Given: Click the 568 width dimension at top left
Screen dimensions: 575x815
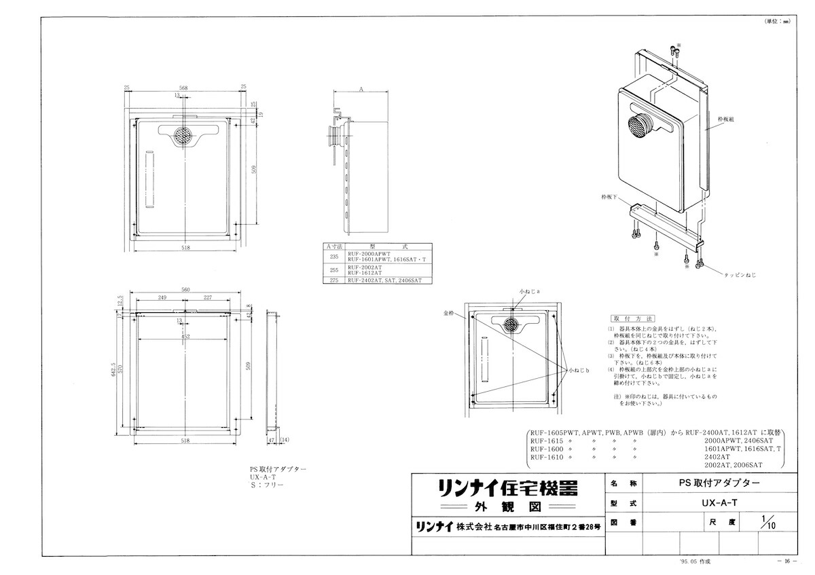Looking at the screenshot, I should click(x=184, y=88).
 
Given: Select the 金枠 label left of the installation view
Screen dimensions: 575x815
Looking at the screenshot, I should click(x=446, y=314).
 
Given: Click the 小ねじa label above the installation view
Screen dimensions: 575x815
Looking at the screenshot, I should click(x=529, y=290).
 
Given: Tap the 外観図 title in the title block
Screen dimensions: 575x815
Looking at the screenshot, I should click(x=507, y=507).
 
